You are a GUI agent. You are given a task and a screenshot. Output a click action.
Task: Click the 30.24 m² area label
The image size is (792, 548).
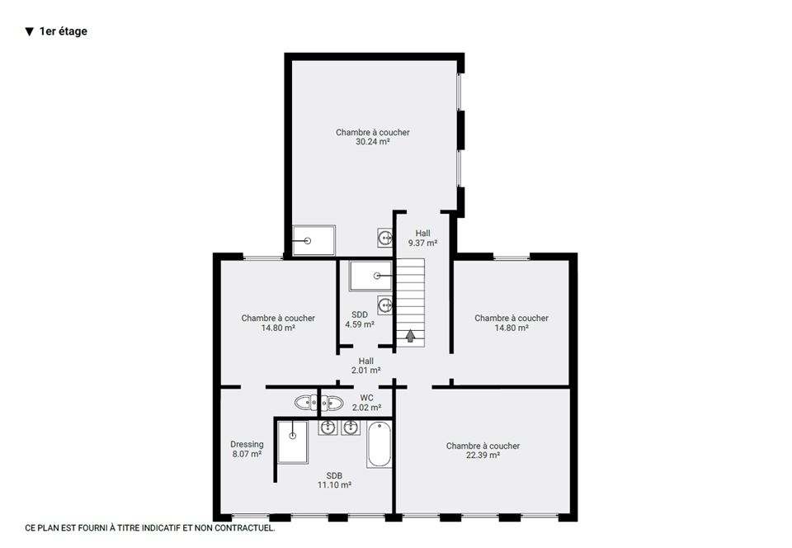372,142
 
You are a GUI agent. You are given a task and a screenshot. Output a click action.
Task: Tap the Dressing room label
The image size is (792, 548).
247,445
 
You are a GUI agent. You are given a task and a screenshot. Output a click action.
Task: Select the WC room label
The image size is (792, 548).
366,398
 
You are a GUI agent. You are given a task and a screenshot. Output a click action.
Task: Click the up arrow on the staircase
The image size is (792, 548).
410,336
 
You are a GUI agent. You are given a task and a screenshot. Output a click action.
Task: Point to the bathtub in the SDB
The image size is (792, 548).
379,445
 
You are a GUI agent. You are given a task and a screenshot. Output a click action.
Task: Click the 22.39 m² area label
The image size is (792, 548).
483,455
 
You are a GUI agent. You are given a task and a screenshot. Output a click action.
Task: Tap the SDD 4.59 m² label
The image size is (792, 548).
360,319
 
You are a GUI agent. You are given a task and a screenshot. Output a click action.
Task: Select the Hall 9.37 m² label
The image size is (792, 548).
422,238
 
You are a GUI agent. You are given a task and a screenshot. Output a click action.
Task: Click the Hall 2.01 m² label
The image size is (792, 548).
366,366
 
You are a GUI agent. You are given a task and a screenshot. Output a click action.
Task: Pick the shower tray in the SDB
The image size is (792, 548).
292,442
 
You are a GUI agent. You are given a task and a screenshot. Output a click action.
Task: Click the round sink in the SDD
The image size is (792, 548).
385,305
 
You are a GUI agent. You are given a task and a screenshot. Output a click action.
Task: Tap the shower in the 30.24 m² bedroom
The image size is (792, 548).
313,240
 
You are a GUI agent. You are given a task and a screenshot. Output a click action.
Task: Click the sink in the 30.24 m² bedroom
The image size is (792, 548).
385,238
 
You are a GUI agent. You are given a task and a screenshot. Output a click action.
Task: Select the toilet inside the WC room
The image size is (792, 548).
332,403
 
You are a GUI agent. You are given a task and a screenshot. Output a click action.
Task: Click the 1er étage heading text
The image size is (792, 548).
64,31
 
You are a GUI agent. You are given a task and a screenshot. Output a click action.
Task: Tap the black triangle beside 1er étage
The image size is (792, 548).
30,32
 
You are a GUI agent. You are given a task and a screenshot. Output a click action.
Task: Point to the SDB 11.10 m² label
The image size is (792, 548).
334,480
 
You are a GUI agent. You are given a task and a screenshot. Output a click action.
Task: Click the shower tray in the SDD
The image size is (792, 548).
370,276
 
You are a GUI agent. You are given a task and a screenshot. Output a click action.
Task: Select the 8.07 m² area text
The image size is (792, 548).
247,454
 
